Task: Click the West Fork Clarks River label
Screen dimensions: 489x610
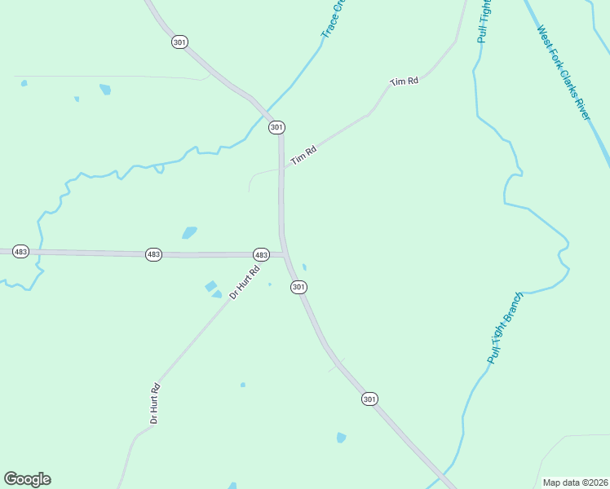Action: coord(563,72)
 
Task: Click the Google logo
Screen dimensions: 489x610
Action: coord(27,479)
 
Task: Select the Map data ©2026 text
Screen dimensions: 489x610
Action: coord(575,482)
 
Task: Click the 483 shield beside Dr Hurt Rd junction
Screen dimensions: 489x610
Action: coord(261,255)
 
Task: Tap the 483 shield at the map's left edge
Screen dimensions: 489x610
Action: coord(21,252)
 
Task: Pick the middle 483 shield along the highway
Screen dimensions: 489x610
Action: coord(154,254)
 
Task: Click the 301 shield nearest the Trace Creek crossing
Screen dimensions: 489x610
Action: coord(276,127)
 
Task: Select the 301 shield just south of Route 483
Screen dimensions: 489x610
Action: coord(298,287)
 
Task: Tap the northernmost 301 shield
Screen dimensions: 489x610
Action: coord(179,42)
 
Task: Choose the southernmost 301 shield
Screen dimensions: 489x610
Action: coord(369,399)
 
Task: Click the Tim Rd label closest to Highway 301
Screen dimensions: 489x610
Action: coord(303,155)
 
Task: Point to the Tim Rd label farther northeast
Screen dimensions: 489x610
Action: coord(404,81)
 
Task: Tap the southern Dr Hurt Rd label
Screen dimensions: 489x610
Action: coord(153,403)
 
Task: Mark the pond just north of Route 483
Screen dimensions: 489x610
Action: coord(189,232)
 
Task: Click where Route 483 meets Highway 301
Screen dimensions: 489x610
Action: coord(285,255)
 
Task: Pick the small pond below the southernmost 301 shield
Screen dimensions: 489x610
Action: coord(341,438)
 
